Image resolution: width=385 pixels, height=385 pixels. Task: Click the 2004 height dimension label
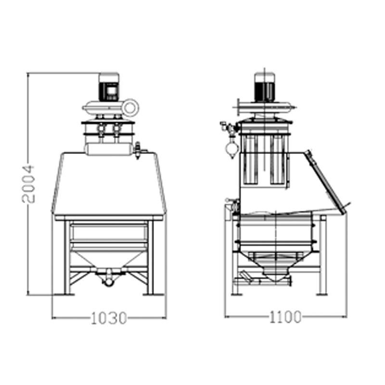28,184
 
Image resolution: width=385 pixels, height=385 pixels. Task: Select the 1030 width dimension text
109,318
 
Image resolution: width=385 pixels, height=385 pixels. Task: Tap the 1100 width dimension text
285,317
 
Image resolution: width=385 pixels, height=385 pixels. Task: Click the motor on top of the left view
109,87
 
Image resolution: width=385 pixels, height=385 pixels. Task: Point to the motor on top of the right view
264,87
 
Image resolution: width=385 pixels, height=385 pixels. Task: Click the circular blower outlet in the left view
130,107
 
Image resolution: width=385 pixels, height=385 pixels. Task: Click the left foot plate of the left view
64,294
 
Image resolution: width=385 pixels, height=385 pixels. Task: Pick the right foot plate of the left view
153,294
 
